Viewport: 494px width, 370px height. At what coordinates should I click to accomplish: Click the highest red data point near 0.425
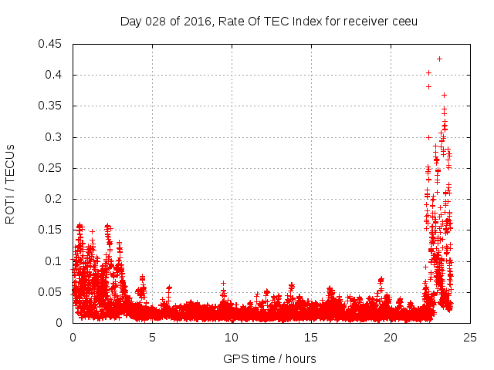pos(439,59)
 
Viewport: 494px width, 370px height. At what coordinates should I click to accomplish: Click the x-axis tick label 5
pos(152,337)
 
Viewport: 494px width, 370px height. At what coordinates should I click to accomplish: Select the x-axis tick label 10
pos(232,337)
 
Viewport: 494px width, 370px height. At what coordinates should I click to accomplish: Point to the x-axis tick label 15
pos(311,337)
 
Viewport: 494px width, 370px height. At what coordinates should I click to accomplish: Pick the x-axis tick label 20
pos(391,337)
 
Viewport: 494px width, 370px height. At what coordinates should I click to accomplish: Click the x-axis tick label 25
pos(470,337)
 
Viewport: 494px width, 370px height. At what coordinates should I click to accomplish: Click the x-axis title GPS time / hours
pos(269,358)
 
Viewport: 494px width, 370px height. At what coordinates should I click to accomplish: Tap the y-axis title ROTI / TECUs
pos(10,183)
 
